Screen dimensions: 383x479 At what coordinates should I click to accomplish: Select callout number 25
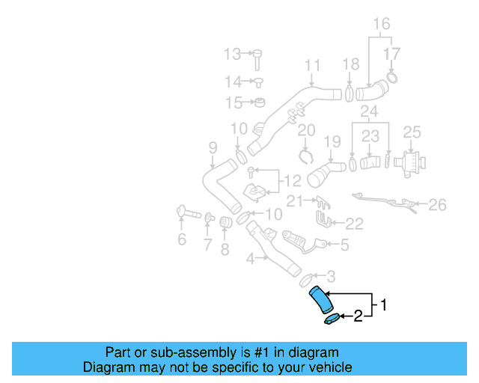point(412,132)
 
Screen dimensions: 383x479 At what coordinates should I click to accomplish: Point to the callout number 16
point(382,23)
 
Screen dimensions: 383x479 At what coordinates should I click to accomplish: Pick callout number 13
point(233,54)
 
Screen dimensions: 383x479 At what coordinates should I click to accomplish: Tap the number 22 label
point(354,223)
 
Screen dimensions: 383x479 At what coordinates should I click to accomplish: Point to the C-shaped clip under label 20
point(305,156)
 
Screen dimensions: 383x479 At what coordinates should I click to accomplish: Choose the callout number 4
point(250,260)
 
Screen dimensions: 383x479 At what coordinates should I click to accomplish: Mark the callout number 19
point(332,140)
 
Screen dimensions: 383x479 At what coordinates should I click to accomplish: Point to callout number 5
point(344,244)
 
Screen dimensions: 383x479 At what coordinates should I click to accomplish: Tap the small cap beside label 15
point(260,102)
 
